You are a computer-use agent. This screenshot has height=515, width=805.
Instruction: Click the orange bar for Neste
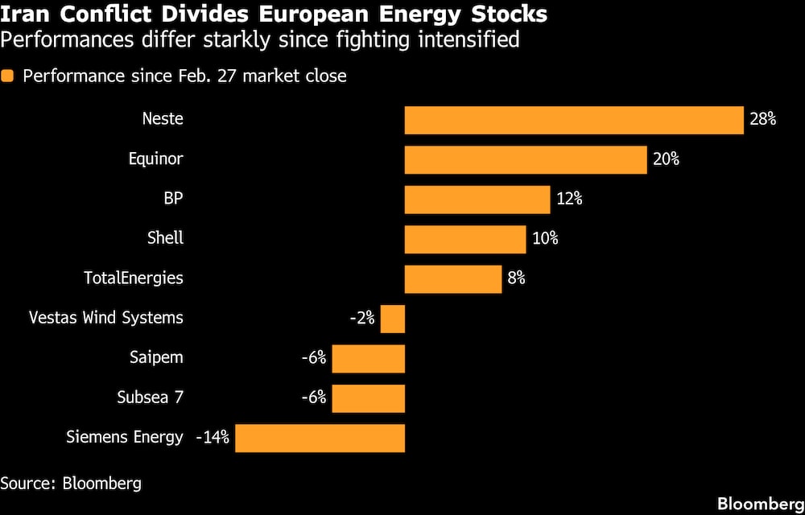pos(573,120)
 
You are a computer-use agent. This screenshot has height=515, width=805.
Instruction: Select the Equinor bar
pos(526,159)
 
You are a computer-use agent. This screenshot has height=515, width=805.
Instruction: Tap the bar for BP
pos(477,199)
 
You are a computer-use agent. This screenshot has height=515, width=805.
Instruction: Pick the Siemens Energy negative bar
pos(320,439)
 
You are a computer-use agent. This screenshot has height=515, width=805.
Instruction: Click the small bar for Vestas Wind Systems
pos(392,319)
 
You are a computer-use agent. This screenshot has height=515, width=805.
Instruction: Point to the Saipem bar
pos(368,358)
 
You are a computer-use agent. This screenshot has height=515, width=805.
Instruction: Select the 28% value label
pos(762,120)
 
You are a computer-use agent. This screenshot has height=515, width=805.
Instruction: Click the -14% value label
pos(213,439)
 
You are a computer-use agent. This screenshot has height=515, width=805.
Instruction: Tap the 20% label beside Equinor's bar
pos(666,159)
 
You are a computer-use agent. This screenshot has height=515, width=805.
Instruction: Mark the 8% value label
pos(516,278)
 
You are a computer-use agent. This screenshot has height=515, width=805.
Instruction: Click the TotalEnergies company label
pos(134,278)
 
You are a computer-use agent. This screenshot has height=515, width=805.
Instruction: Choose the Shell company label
pos(165,238)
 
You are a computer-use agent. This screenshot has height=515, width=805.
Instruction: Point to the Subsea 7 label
pos(151,398)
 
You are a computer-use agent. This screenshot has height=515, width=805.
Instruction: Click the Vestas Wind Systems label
pos(106,318)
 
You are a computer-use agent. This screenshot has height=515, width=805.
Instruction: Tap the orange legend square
pos(8,76)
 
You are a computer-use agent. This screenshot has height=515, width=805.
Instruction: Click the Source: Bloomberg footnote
pos(71,484)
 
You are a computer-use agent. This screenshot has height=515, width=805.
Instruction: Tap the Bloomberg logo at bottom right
pos(760,504)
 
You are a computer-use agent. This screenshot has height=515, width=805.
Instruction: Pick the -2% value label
pos(362,319)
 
